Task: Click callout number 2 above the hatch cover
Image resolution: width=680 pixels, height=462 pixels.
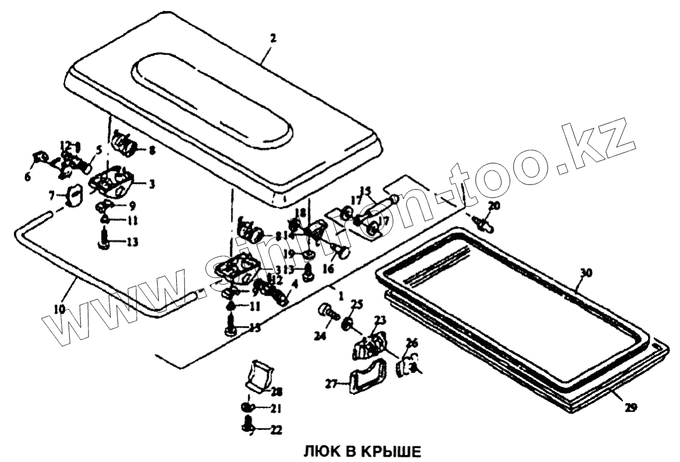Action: point(273,38)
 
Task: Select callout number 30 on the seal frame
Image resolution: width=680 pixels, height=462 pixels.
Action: point(586,273)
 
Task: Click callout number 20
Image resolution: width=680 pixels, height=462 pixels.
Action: point(493,205)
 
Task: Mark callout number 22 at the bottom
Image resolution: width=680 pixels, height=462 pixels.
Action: point(276,430)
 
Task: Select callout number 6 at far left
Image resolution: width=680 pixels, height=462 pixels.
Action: point(27,177)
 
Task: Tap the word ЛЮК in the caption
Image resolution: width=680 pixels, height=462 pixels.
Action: point(318,452)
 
